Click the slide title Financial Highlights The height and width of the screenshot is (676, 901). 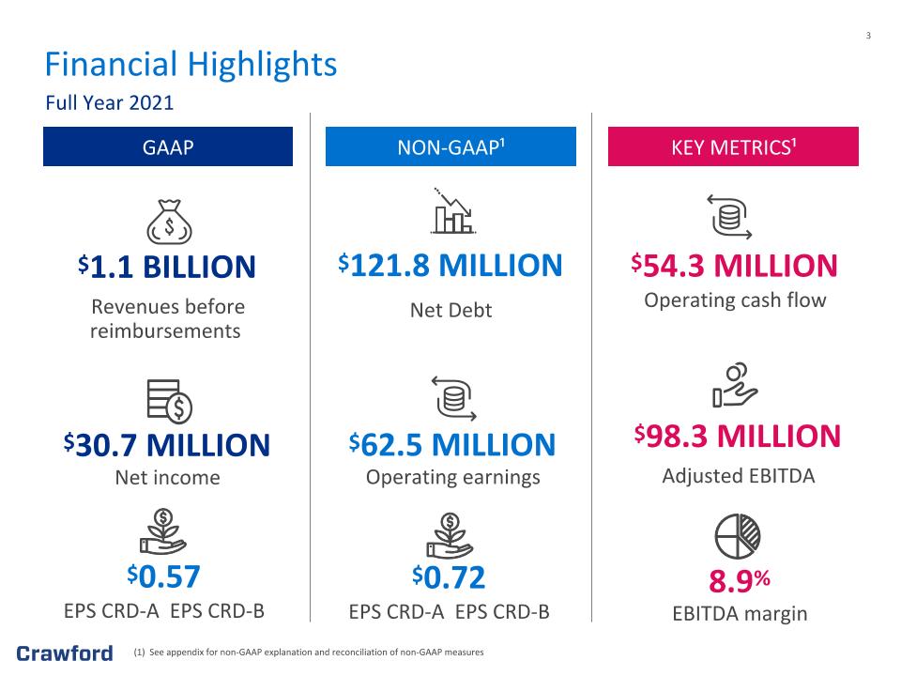click(x=191, y=65)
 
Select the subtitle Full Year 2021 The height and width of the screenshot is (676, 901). click(x=109, y=103)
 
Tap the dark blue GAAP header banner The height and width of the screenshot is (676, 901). click(x=168, y=146)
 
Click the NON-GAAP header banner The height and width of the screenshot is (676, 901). click(x=450, y=146)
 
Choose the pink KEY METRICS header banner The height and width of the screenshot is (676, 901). click(x=733, y=146)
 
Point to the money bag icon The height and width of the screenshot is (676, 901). click(x=169, y=222)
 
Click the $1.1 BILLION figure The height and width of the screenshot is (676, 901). click(x=167, y=267)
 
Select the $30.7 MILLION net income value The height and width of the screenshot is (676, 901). click(x=167, y=445)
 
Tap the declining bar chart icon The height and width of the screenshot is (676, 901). click(x=452, y=211)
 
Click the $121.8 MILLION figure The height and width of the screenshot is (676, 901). click(x=450, y=265)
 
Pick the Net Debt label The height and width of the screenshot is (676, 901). click(x=451, y=311)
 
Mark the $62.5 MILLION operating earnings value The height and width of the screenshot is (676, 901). click(x=452, y=444)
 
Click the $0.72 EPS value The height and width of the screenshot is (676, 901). click(x=449, y=577)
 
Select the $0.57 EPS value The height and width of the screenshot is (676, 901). click(x=163, y=576)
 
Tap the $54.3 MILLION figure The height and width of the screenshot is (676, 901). click(x=734, y=266)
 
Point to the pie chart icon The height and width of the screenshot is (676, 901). click(x=738, y=536)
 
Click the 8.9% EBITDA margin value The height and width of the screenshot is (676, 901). click(x=740, y=580)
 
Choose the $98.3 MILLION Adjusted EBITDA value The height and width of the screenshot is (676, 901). click(x=738, y=436)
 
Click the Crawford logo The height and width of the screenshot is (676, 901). click(x=65, y=653)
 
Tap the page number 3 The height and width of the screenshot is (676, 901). click(x=868, y=36)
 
